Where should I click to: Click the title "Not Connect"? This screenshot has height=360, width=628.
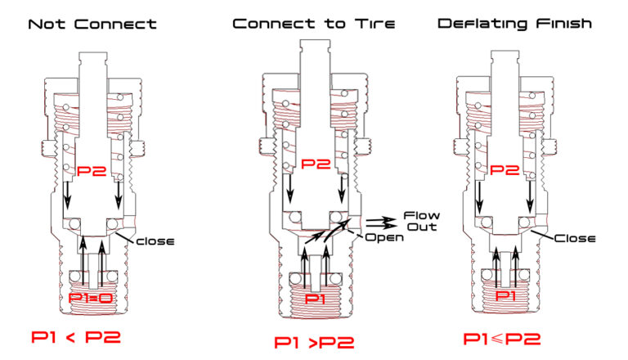pyautogui.click(x=92, y=24)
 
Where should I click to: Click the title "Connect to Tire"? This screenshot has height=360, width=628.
pyautogui.click(x=314, y=24)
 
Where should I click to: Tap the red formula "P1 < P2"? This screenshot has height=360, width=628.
pyautogui.click(x=80, y=336)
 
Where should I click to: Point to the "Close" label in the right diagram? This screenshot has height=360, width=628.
pyautogui.click(x=572, y=239)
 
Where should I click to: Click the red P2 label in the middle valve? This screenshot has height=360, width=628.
pyautogui.click(x=315, y=164)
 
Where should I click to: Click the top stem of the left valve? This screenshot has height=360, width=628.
pyautogui.click(x=92, y=66)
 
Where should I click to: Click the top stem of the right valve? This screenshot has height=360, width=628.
pyautogui.click(x=503, y=66)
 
